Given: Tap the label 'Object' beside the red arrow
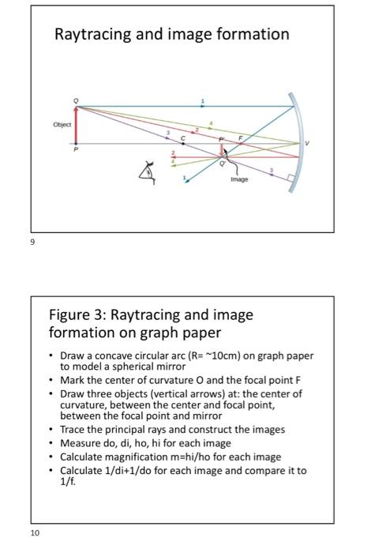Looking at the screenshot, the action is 62,125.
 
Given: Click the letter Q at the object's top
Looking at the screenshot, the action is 77,100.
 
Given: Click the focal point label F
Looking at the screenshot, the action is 242,137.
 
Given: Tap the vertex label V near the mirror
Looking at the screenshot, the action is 309,145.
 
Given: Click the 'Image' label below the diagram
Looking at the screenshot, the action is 239,179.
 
